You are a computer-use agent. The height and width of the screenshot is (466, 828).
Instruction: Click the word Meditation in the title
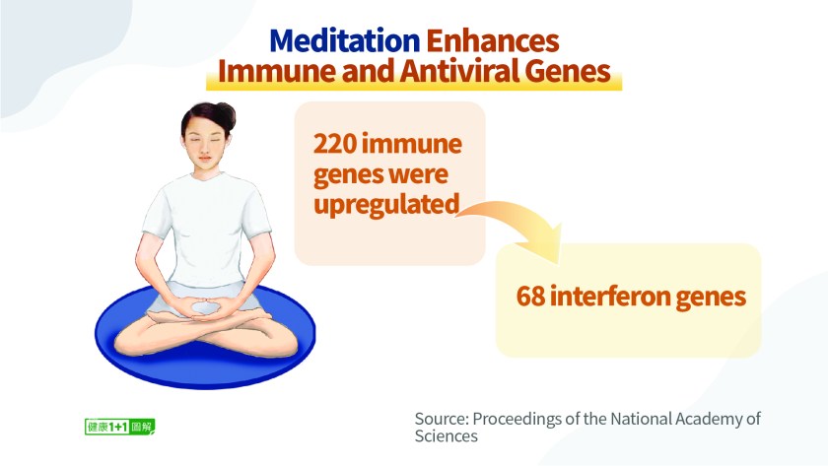pyautogui.click(x=345, y=40)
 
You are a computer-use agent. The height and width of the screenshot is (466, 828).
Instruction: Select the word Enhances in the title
pyautogui.click(x=493, y=40)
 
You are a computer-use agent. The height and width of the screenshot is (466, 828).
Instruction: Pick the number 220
pyautogui.click(x=335, y=144)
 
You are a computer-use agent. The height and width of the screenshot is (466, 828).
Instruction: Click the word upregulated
pyautogui.click(x=386, y=205)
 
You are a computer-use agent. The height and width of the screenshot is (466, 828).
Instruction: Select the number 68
pyautogui.click(x=530, y=297)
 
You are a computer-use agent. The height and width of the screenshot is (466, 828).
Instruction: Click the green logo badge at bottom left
pyautogui.click(x=120, y=427)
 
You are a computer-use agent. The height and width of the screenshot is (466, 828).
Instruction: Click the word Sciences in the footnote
pyautogui.click(x=447, y=436)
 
